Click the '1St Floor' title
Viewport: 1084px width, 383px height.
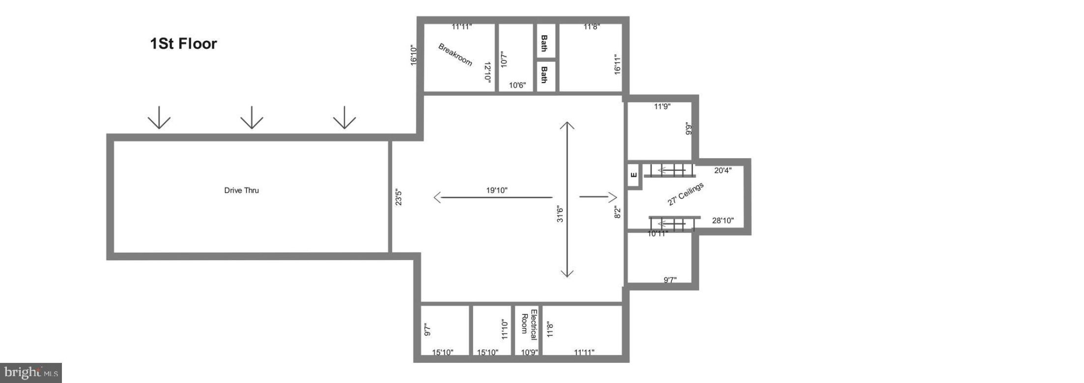[x=183, y=44]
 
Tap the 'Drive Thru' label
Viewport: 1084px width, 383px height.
[x=241, y=191]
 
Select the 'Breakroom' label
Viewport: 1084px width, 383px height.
[x=455, y=55]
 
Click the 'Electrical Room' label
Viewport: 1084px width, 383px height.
[x=529, y=324]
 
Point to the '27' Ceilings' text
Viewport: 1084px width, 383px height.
[x=685, y=194]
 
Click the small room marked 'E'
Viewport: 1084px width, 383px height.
[x=633, y=175]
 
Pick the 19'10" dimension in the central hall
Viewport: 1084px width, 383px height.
[x=496, y=190]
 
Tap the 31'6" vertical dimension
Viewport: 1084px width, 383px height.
[x=560, y=214]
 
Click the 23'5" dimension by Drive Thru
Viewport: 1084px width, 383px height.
[x=399, y=198]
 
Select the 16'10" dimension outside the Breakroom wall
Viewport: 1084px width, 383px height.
[x=414, y=55]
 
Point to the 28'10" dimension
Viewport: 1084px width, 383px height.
[x=723, y=221]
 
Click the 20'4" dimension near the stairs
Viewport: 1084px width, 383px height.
[x=723, y=170]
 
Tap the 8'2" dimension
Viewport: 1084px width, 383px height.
[x=618, y=212]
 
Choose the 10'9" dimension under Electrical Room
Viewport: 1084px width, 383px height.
[x=529, y=352]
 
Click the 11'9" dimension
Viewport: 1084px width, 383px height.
[x=662, y=106]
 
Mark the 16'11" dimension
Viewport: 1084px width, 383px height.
[x=618, y=64]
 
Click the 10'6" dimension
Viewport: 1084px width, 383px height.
[x=517, y=85]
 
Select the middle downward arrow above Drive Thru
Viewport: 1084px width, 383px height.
[x=252, y=117]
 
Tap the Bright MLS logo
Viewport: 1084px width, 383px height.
[x=30, y=373]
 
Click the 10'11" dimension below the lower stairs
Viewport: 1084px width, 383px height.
[x=657, y=234]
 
